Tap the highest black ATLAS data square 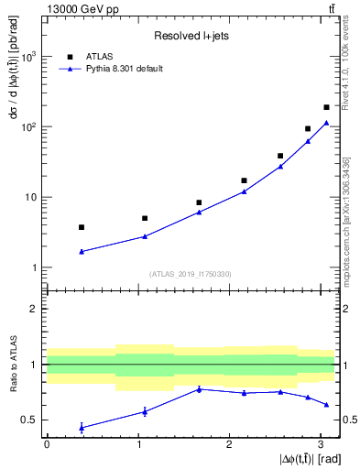click(x=326, y=107)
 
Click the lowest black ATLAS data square click(x=82, y=227)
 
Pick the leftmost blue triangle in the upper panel click(x=82, y=251)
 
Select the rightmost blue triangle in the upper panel click(x=326, y=123)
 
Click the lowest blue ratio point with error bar click(x=82, y=428)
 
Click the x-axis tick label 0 click(x=46, y=444)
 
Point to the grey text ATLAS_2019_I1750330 click(x=190, y=274)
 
